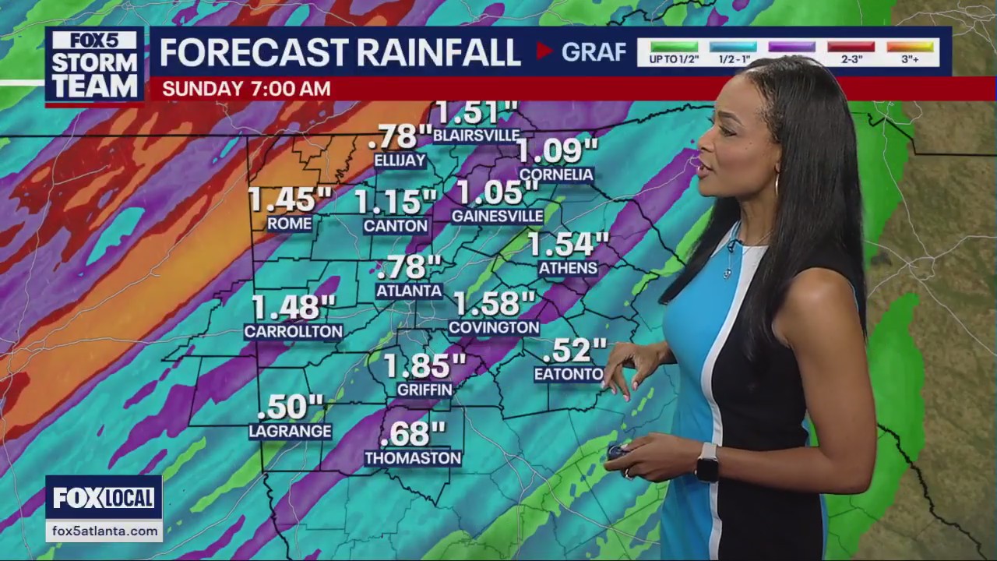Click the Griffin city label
425,389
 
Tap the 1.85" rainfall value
425,365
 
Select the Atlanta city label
409,291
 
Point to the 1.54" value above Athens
568,245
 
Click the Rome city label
289,224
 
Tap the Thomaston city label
413,458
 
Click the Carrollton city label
293,331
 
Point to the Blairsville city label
476,135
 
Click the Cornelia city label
556,175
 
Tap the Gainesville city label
497,216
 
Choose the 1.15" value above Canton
395,202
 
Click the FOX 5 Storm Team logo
94,65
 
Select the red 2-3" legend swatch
851,47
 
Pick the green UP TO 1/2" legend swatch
674,47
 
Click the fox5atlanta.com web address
104,531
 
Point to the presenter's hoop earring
776,185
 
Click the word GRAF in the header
594,52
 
